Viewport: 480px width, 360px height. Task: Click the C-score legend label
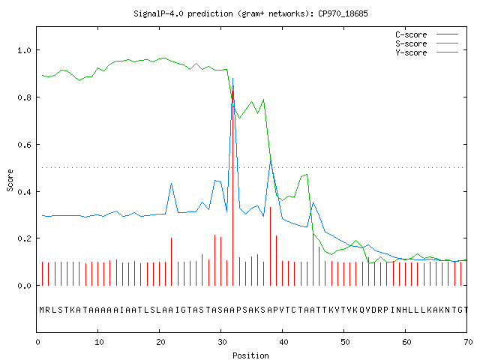coord(411,34)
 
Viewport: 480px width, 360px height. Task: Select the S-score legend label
coord(411,43)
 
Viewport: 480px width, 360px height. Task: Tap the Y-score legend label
coord(411,52)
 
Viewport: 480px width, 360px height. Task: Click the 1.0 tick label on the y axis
coord(25,50)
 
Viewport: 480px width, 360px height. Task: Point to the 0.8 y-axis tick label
coord(25,97)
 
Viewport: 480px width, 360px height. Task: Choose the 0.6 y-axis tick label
coord(25,145)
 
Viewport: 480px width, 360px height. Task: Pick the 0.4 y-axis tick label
coord(25,192)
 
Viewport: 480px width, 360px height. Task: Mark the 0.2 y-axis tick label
coord(25,238)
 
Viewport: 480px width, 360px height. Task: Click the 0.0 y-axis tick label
coord(25,286)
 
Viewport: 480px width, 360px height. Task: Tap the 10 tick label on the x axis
coord(99,342)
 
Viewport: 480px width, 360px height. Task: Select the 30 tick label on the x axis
coord(222,342)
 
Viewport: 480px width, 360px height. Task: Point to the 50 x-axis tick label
coord(345,342)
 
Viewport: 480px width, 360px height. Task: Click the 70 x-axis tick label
coord(468,342)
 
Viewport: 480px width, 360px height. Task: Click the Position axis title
coord(250,355)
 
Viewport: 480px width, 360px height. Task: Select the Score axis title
coord(10,180)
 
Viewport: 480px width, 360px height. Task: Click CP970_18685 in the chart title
coord(343,13)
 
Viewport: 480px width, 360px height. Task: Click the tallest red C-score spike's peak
coord(233,91)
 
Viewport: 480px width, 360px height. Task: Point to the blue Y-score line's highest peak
coord(233,79)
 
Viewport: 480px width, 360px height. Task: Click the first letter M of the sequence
coord(42,310)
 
